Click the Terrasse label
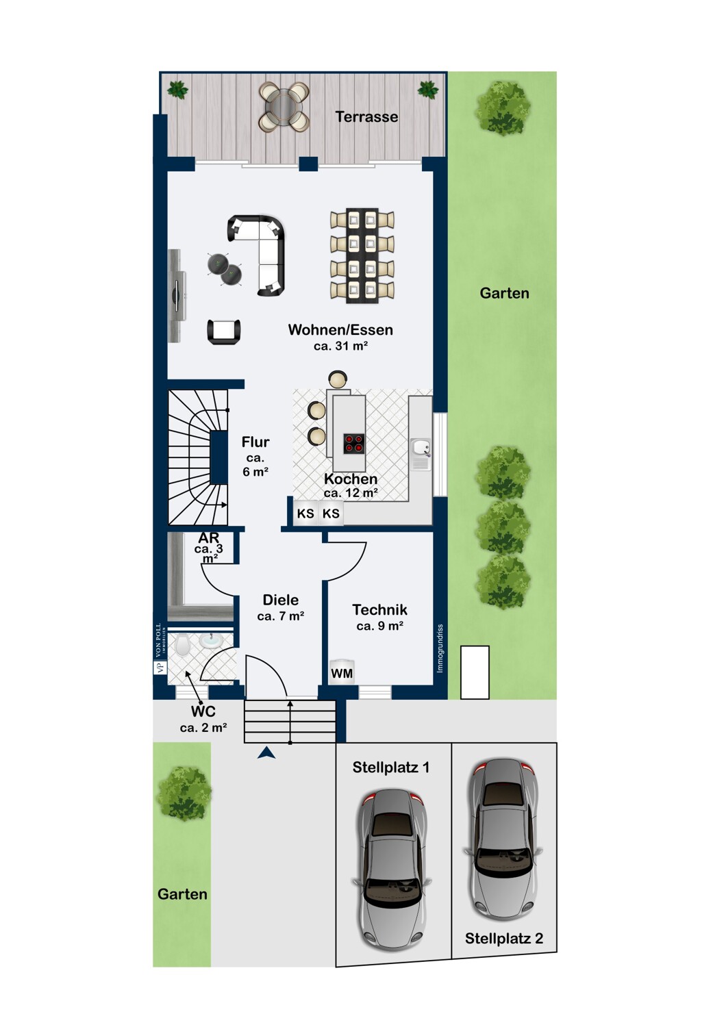point(366,117)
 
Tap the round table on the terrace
point(284,106)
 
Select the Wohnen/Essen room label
point(340,330)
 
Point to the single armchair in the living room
point(224,331)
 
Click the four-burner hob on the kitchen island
point(354,443)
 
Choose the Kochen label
point(351,479)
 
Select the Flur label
point(255,442)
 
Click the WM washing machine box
point(342,672)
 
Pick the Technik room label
point(379,610)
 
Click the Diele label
point(280,600)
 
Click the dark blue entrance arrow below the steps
point(266,752)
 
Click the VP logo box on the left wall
point(158,667)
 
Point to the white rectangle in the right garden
point(475,672)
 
